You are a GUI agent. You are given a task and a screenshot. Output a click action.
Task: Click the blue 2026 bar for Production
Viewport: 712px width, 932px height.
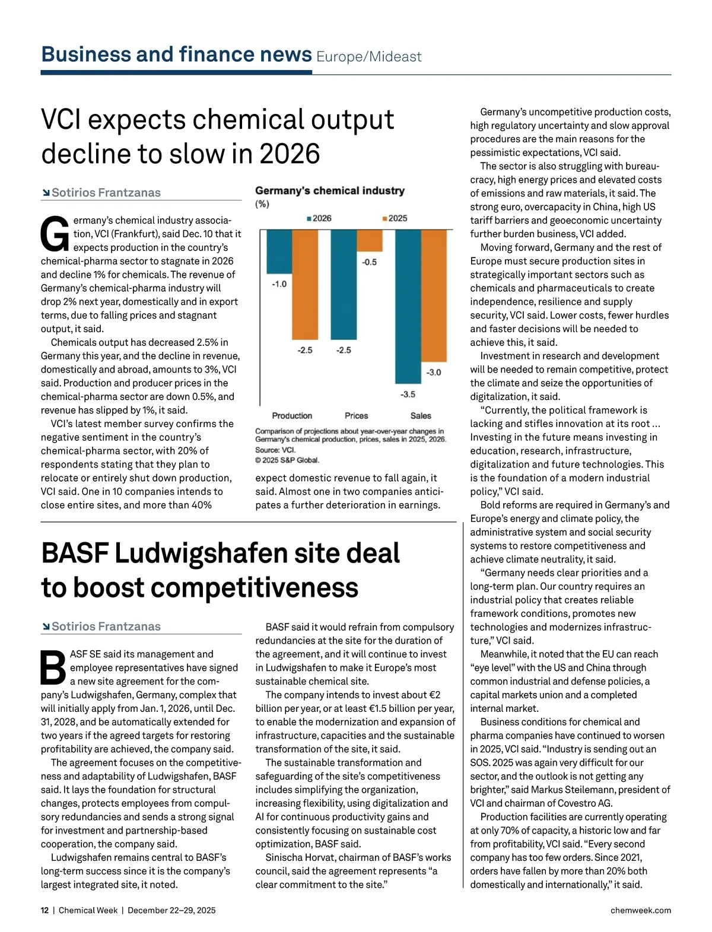[279, 252]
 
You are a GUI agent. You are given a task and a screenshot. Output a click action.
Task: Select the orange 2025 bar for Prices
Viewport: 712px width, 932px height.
[370, 241]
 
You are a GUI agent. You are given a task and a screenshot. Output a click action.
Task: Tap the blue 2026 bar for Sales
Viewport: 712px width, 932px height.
[408, 306]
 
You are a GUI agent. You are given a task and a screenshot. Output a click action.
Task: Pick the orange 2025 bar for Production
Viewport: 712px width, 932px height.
[305, 284]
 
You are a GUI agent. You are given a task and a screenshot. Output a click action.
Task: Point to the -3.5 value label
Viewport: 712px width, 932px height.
[408, 394]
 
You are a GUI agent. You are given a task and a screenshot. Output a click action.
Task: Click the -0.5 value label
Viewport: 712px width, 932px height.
[370, 262]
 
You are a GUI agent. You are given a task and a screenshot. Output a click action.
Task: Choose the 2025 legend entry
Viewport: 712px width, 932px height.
[395, 218]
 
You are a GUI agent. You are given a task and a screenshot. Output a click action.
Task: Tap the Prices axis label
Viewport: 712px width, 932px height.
[356, 416]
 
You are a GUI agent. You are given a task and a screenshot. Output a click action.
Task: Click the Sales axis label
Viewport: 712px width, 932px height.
[421, 416]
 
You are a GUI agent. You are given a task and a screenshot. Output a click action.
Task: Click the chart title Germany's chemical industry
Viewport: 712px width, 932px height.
[330, 191]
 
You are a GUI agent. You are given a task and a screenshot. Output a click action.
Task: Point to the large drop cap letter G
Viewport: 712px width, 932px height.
[55, 234]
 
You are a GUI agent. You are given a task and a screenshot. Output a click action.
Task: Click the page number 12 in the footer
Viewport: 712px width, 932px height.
[44, 910]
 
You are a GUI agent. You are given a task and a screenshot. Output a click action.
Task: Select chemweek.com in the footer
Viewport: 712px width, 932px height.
[640, 910]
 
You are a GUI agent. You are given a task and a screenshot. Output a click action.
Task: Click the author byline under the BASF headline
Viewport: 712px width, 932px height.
[106, 626]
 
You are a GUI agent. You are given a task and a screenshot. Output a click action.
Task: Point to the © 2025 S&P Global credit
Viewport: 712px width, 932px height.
[287, 460]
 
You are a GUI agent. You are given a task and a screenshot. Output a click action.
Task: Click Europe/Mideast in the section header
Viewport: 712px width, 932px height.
[368, 57]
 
